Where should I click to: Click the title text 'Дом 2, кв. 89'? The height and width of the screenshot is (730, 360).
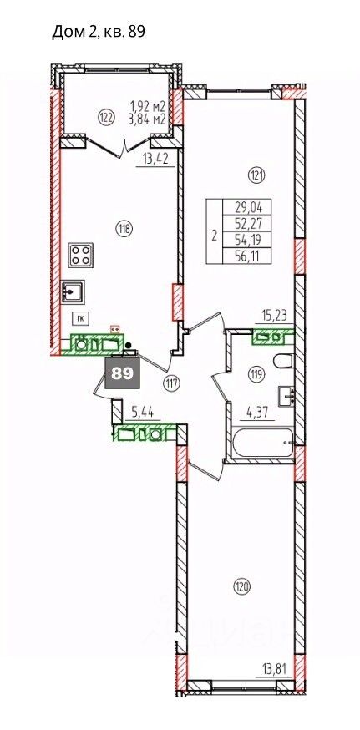pos(99,32)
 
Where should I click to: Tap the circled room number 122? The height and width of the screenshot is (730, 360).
pos(106,118)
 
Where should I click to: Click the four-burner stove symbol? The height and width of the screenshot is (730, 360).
pos(80,255)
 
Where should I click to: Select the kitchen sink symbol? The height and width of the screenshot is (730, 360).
pos(74,291)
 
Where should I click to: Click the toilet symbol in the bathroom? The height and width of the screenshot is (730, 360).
pos(283,362)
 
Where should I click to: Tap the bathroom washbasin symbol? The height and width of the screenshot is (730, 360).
pos(286,395)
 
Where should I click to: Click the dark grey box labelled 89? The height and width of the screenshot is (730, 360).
pos(124,373)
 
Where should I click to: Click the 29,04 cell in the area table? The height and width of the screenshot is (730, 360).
pos(247,206)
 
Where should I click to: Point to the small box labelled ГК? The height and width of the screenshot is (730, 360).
pos(80,318)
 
